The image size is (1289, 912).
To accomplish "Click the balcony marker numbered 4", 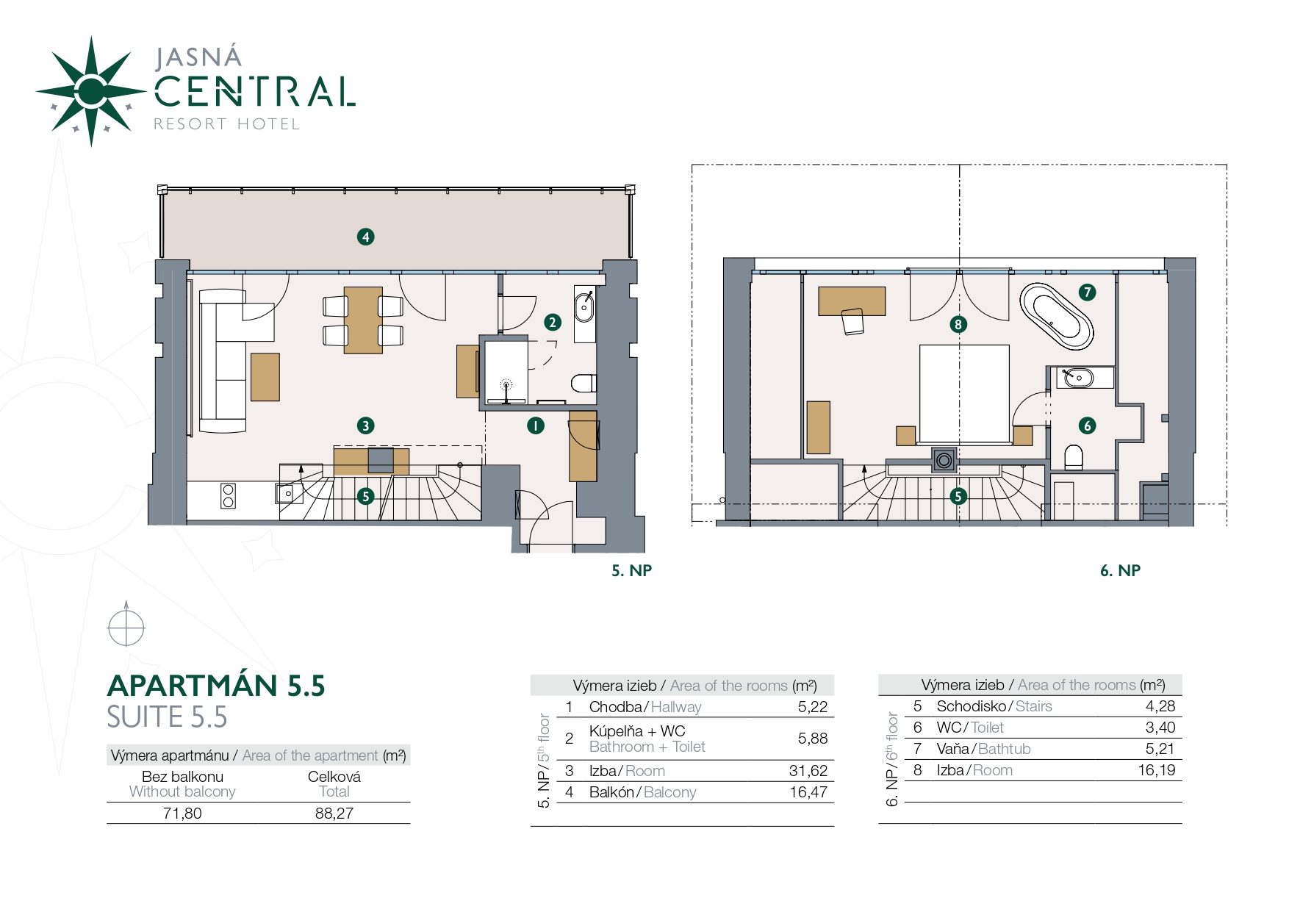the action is click(x=365, y=237).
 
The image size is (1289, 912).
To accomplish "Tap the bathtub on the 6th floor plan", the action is click(x=1056, y=316).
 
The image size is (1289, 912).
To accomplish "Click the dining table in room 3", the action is click(x=363, y=320).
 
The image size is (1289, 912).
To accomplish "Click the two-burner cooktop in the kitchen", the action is click(x=228, y=496).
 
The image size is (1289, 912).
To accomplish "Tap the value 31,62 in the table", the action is click(x=808, y=771).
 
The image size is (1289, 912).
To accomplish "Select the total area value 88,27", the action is click(x=334, y=814).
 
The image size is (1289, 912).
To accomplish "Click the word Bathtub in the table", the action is click(x=1004, y=749).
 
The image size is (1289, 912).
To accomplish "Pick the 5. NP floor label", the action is click(x=632, y=570).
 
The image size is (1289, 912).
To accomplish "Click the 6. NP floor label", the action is click(x=1120, y=570).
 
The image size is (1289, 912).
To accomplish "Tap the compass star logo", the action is click(x=91, y=91).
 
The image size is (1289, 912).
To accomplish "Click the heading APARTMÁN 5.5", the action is click(x=216, y=685).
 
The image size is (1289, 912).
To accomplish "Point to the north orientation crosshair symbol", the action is click(x=126, y=628).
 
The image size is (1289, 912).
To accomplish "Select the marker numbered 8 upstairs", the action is click(x=958, y=324).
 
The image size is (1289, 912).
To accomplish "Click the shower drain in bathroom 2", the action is click(x=506, y=384).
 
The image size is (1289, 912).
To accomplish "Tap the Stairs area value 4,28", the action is click(x=1160, y=706).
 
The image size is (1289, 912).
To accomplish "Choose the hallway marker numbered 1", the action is click(x=536, y=426).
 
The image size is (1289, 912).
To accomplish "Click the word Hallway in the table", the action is click(x=676, y=707).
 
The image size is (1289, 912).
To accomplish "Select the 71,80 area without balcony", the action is click(x=182, y=814).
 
